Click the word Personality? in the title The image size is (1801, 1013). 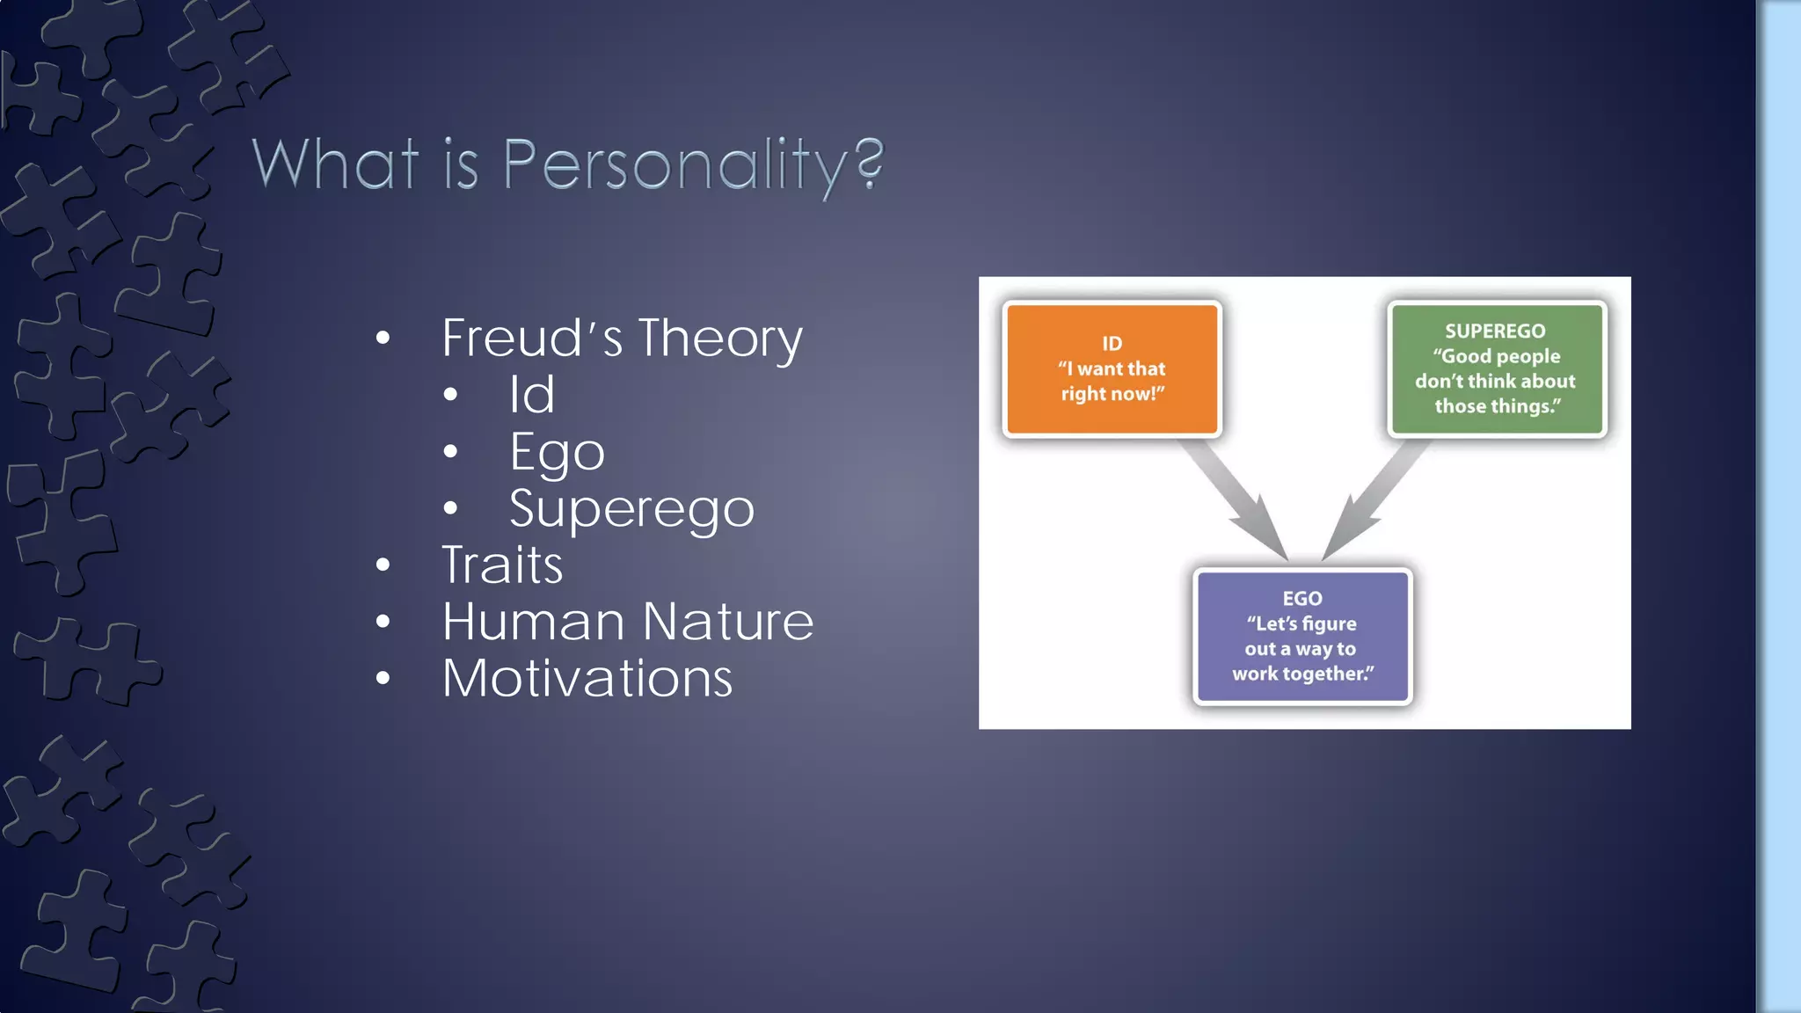tap(693, 165)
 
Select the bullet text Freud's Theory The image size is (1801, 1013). tap(622, 339)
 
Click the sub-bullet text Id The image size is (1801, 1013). tap(532, 395)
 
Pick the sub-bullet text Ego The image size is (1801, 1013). tap(557, 453)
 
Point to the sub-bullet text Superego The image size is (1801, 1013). tap(631, 509)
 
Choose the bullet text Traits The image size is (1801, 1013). tap(502, 565)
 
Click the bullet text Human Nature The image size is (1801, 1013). tap(628, 622)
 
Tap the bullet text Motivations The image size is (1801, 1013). tap(587, 679)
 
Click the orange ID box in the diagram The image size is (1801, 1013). tap(1112, 369)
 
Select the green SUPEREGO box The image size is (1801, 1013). tap(1497, 369)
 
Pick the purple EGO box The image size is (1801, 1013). tap(1302, 637)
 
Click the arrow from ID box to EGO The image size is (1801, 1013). tap(1236, 499)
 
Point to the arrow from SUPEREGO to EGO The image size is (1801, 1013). tap(1374, 499)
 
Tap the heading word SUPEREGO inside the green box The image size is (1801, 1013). tap(1495, 332)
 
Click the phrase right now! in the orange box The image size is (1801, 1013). tap(1112, 394)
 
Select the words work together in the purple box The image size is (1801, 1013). tap(1302, 674)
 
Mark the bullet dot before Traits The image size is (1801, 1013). tap(383, 565)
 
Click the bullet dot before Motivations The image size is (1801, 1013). tap(383, 679)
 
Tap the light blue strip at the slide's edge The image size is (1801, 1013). tap(1780, 506)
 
